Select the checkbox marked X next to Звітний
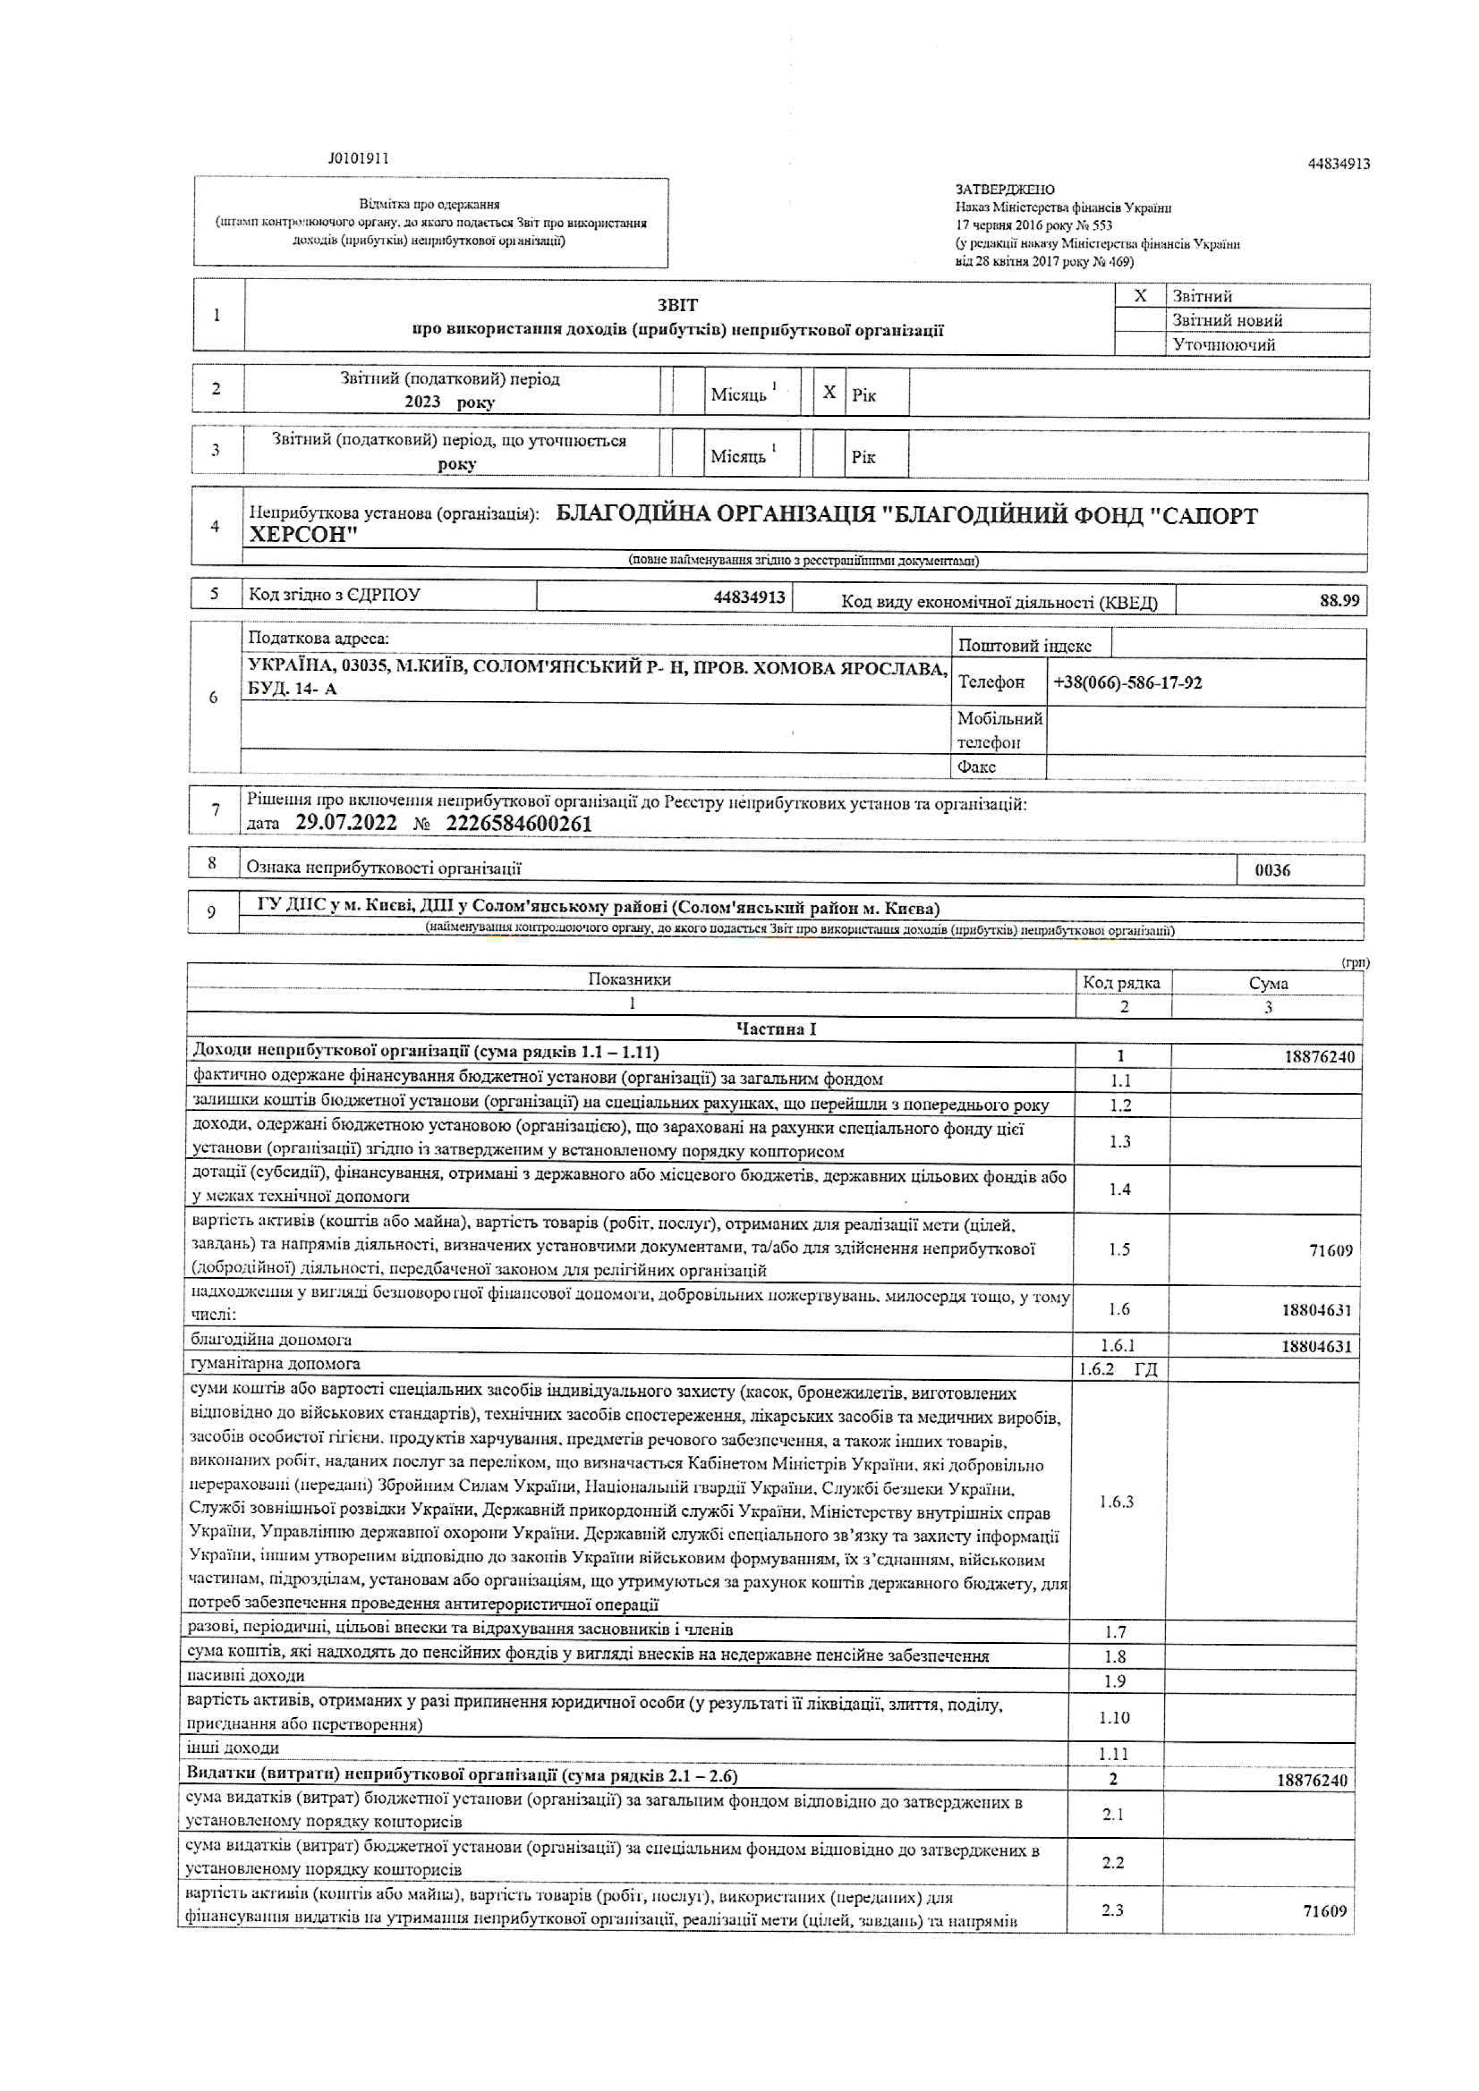[1140, 296]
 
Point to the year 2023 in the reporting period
[423, 402]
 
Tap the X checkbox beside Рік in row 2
[829, 392]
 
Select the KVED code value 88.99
[1339, 600]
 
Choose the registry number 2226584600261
[518, 823]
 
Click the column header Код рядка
[1121, 983]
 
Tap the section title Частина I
[776, 1029]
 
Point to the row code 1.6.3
[1116, 1502]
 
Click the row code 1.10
[1114, 1718]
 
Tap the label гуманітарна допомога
[275, 1364]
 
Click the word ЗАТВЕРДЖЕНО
[1004, 190]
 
